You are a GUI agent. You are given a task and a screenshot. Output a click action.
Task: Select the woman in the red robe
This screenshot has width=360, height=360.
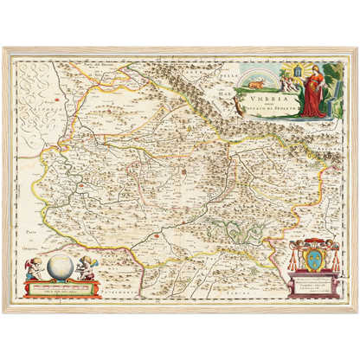pyautogui.click(x=310, y=95)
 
